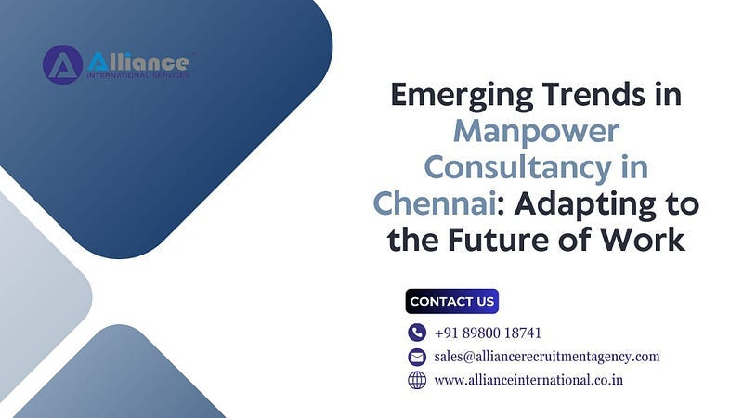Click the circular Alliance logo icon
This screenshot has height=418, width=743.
click(62, 65)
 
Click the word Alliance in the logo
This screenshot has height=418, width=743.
click(138, 61)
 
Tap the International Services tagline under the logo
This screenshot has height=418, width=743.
click(137, 75)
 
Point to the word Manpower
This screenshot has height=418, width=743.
click(536, 132)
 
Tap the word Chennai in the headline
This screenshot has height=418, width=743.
click(435, 203)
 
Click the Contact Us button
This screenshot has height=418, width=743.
click(452, 301)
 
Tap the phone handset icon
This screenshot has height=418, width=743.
click(417, 333)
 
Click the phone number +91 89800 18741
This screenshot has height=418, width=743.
click(488, 333)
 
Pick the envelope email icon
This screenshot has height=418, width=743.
click(417, 357)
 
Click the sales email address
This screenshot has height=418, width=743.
click(547, 357)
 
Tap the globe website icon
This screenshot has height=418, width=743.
click(417, 380)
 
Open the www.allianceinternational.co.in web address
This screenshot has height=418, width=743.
click(528, 380)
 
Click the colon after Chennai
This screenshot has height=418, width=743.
click(502, 206)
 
